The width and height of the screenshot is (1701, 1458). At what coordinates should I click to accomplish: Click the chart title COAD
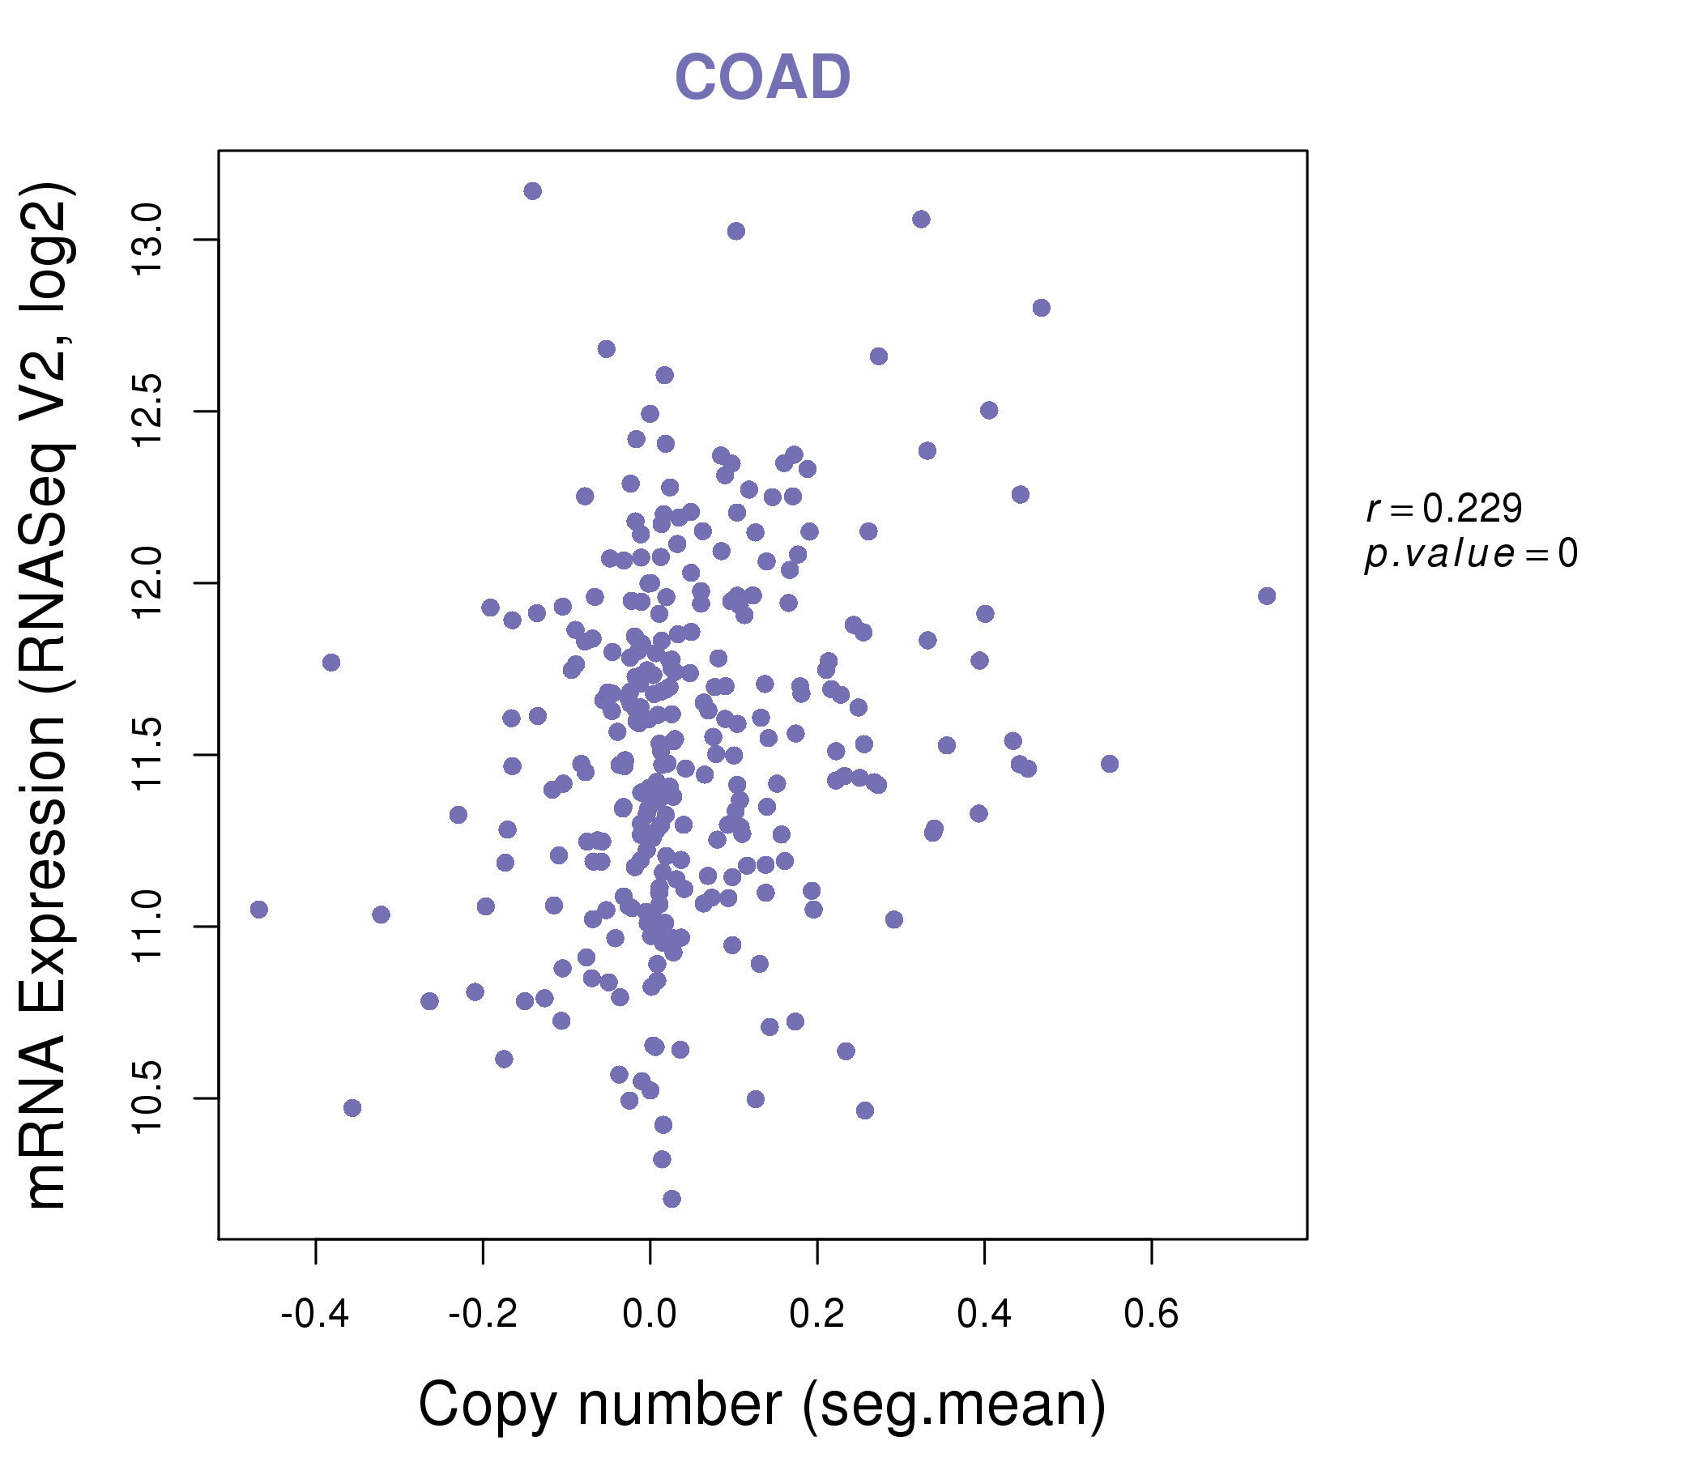click(x=762, y=77)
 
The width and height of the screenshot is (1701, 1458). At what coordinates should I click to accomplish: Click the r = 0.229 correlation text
click(x=1444, y=509)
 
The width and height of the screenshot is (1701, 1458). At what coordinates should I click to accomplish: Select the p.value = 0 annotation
click(x=1470, y=554)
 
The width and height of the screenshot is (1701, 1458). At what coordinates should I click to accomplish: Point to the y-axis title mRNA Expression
click(x=46, y=696)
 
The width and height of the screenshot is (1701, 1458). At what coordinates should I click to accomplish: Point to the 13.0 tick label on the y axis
click(x=147, y=240)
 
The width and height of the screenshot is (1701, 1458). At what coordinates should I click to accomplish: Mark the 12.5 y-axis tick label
click(x=147, y=411)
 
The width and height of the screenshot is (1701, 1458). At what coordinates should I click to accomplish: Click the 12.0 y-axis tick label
click(x=147, y=583)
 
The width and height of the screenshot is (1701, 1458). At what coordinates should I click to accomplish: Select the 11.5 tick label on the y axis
click(x=147, y=754)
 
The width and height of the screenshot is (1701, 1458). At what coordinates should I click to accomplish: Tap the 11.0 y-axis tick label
click(x=147, y=927)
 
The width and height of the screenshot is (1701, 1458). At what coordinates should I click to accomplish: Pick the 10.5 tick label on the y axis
click(x=147, y=1098)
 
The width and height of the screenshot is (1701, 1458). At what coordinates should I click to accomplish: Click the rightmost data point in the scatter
click(x=1267, y=596)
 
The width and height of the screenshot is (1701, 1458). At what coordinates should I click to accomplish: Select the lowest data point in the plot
click(x=671, y=1199)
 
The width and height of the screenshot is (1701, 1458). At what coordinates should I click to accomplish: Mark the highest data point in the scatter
click(x=533, y=191)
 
